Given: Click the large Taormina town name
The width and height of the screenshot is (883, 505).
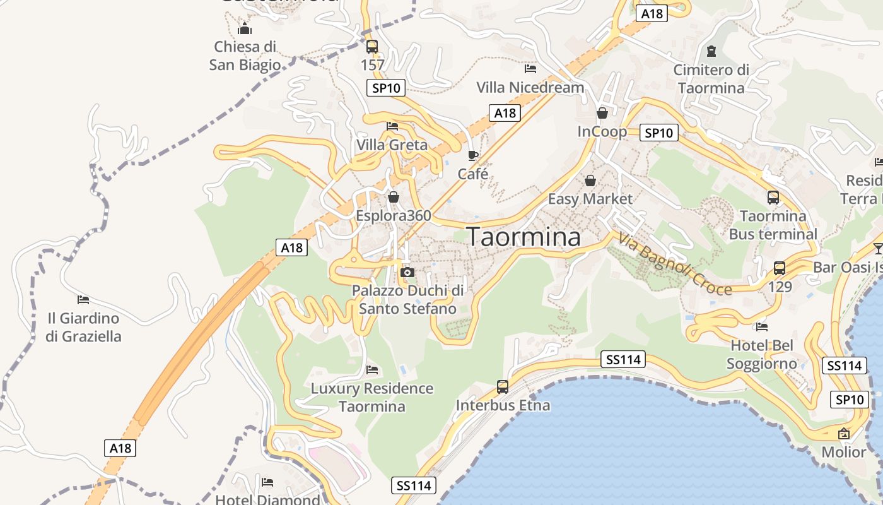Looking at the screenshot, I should click(523, 237).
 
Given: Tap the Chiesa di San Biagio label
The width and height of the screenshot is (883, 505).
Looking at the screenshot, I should click(245, 56).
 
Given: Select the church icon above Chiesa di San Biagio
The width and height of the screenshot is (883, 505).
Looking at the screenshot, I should click(245, 28).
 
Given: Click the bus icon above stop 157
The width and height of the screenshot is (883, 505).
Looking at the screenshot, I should click(372, 46).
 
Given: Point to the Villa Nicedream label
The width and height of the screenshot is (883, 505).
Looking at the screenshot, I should click(530, 87).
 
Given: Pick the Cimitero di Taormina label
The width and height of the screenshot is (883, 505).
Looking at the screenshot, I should click(711, 78).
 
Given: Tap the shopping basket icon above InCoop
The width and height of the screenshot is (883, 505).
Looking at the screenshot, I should click(602, 113).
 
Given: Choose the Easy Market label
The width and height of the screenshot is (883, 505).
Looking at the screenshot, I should click(590, 199).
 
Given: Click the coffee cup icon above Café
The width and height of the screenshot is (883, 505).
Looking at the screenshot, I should click(473, 155).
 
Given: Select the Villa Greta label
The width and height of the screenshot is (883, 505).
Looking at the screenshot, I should click(392, 145).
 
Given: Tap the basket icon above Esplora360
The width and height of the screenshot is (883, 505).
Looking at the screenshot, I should click(394, 197).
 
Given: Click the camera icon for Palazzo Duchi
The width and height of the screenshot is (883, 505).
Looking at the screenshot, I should click(407, 272).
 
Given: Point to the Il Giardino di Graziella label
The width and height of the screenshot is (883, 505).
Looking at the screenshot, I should click(83, 327).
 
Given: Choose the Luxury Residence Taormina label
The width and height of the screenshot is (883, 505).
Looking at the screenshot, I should click(372, 397).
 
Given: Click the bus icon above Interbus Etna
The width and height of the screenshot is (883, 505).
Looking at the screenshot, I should click(503, 386).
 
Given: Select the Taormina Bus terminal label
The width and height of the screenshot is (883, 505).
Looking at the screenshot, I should click(773, 225).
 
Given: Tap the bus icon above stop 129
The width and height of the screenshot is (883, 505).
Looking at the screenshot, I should click(780, 268).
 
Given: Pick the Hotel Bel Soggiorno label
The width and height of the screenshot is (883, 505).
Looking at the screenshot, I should click(762, 354).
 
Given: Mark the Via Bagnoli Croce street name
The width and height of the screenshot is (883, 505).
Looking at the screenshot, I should click(675, 263).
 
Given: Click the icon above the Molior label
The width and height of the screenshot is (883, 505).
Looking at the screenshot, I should click(843, 434).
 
